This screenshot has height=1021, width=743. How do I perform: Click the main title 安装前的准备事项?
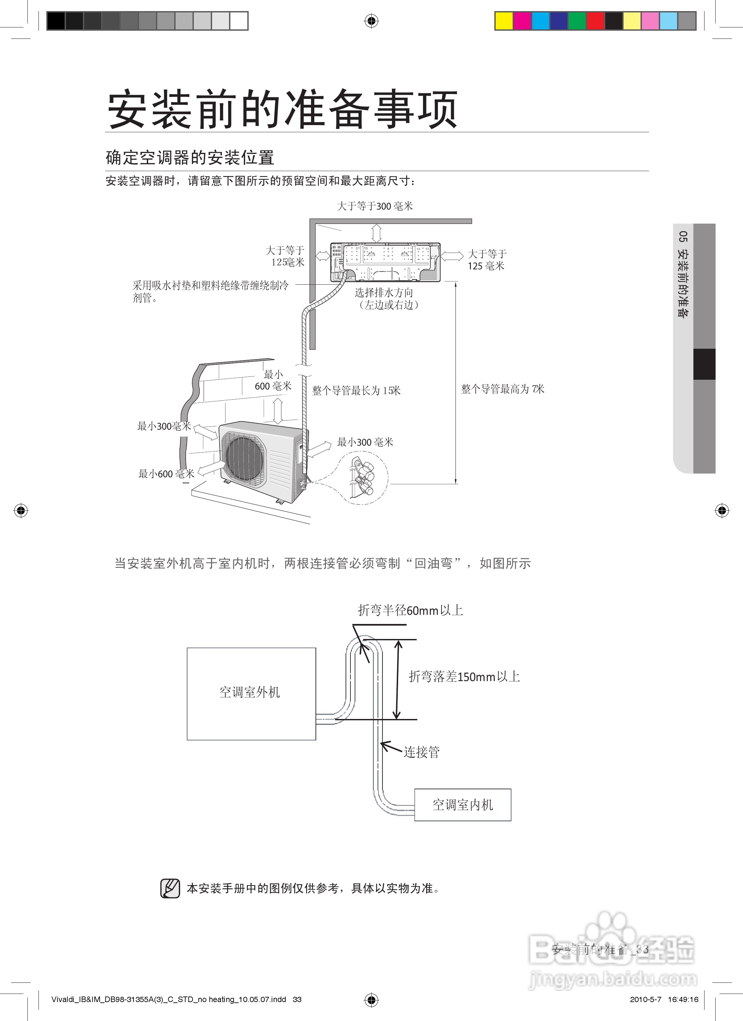tap(282, 109)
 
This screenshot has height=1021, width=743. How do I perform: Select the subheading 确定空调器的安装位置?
tap(190, 158)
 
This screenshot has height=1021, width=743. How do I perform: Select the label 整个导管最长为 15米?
tap(356, 390)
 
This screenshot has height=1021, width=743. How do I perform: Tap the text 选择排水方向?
tap(383, 293)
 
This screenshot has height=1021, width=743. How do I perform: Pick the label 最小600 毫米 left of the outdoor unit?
tap(166, 473)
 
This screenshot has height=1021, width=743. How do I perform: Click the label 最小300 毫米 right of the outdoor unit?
tap(365, 442)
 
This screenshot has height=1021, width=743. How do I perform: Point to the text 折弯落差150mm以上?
tap(464, 677)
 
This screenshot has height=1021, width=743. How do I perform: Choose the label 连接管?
tap(421, 752)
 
